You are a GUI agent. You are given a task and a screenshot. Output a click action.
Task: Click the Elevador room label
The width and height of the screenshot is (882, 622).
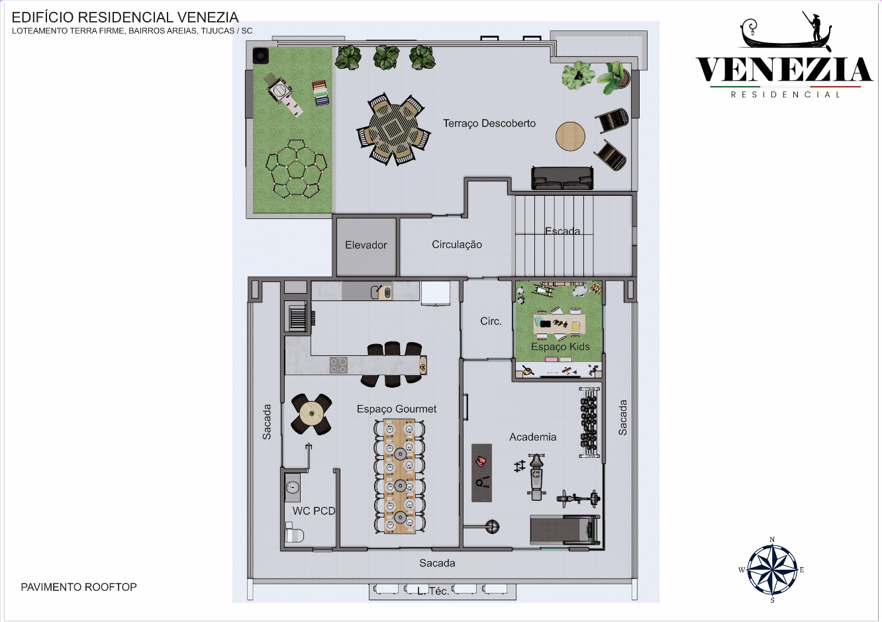point(366,245)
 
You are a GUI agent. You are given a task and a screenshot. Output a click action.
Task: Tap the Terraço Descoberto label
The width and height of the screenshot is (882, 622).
point(489,123)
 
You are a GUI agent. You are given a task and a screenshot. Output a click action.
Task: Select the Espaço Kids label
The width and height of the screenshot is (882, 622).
point(560,346)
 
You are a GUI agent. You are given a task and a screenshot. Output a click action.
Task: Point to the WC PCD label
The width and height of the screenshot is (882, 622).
point(313,511)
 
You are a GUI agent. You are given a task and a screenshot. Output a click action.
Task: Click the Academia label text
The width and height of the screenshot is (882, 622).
point(532,437)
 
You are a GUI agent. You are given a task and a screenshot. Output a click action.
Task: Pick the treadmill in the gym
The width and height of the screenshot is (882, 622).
point(565,529)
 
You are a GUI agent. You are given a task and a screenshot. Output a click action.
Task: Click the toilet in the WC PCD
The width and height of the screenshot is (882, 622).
point(294,533)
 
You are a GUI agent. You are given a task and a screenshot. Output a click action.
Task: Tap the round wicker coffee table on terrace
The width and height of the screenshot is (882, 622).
point(570,136)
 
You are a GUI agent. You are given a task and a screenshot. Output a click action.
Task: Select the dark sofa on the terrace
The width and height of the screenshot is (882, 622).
point(562,178)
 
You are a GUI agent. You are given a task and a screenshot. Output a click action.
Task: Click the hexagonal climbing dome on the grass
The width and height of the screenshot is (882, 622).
point(296,169)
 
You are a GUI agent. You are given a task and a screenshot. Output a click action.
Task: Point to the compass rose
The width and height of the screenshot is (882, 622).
point(772,569)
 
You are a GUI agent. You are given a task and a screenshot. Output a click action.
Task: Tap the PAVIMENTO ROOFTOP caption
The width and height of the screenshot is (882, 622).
point(79,587)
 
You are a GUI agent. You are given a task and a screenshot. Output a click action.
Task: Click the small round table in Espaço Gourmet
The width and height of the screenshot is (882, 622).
point(312,414)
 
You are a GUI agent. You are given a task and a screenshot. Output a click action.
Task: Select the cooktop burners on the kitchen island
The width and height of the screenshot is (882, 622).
point(338,365)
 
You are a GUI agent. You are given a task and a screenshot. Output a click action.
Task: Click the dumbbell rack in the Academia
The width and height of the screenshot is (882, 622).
point(589,422)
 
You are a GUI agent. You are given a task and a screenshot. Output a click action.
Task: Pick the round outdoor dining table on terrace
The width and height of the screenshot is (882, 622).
point(393,129)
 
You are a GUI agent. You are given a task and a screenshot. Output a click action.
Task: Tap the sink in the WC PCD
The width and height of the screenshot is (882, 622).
point(292,487)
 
